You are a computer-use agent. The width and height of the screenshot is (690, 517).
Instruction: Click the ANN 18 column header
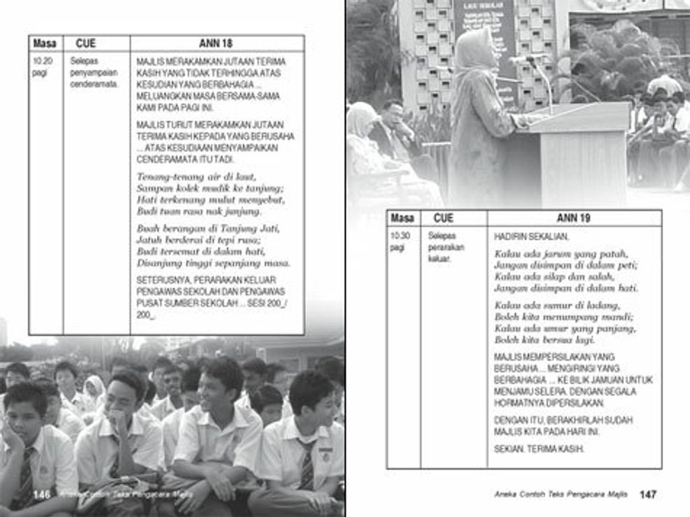point(216,43)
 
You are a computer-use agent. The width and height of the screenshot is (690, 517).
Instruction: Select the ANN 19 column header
point(573,218)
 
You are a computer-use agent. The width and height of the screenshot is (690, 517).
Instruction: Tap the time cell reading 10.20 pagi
point(40,67)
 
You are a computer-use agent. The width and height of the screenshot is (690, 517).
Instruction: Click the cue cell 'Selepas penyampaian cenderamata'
point(94,72)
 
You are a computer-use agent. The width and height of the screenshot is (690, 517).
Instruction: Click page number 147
point(648,494)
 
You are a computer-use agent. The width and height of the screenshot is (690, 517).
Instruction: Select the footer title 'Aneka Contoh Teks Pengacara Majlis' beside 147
point(561,494)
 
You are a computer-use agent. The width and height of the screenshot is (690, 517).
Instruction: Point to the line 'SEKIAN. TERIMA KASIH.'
point(538,448)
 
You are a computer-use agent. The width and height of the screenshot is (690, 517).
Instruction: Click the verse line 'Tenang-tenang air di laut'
point(196,176)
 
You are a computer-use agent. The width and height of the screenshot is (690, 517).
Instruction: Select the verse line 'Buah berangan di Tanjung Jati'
point(208,228)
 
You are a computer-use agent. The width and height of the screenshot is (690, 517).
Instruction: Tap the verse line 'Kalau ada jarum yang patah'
point(561,253)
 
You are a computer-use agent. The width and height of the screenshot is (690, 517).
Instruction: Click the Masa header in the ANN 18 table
point(44,43)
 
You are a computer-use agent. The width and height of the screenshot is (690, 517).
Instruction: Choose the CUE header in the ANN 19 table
point(443,218)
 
